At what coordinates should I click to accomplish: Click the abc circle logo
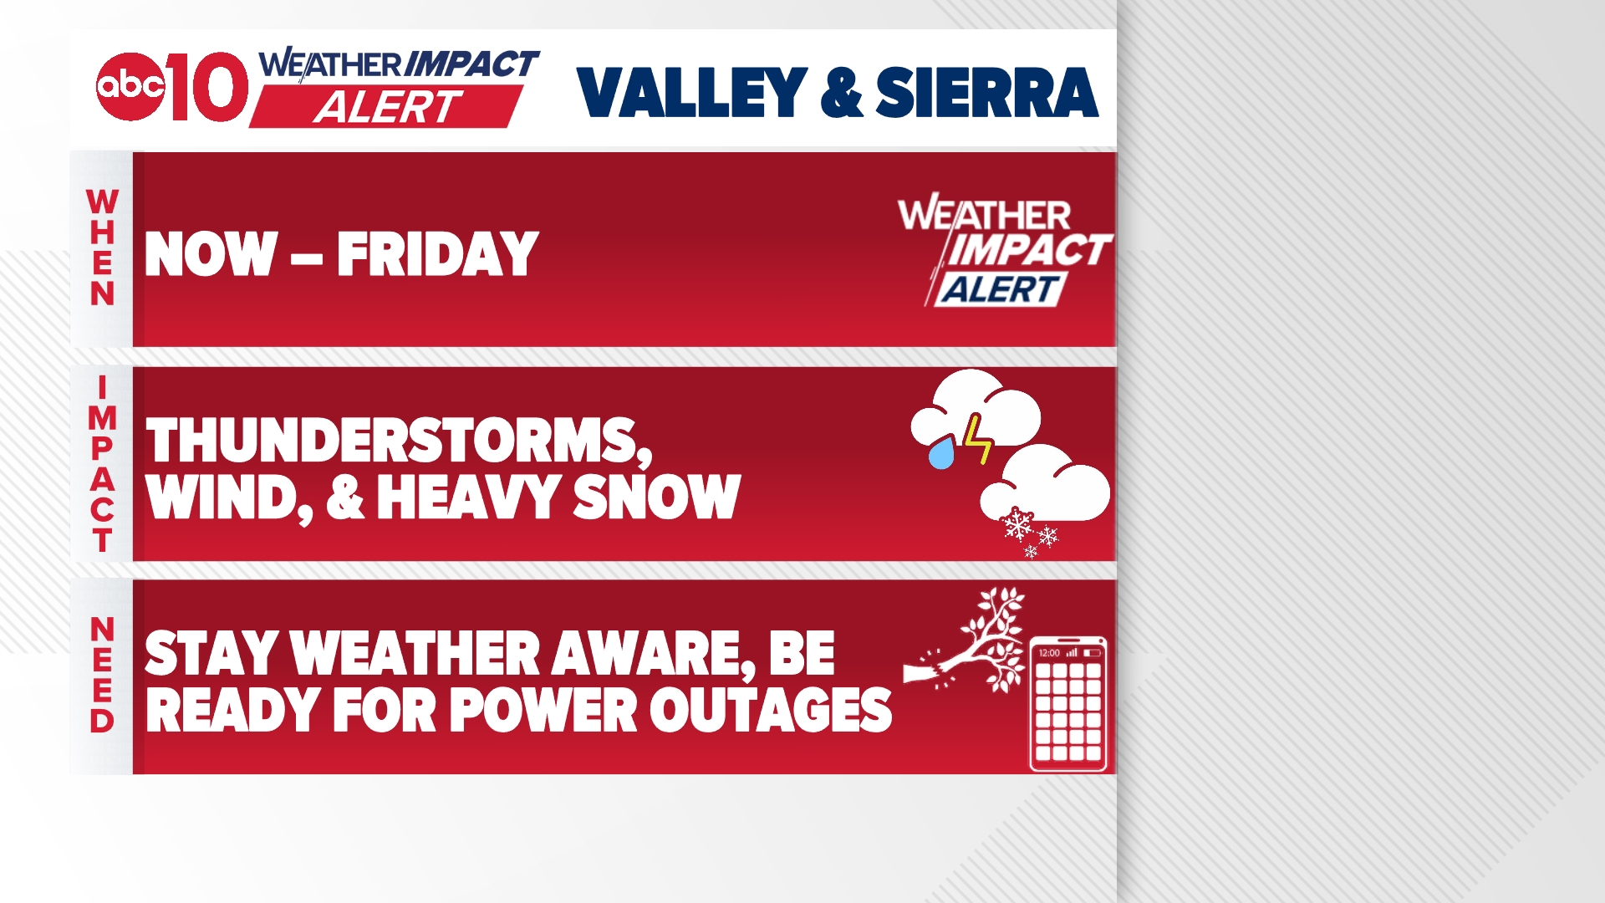(130, 86)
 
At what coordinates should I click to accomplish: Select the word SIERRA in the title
(986, 93)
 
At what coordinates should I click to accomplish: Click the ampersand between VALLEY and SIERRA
(841, 94)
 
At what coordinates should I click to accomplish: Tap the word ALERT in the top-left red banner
(386, 108)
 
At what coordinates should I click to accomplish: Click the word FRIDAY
(437, 254)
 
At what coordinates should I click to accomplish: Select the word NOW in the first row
(211, 254)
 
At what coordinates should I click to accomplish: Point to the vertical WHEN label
(102, 248)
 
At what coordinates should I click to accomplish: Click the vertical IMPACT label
(102, 464)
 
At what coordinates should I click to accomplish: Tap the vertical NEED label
(102, 676)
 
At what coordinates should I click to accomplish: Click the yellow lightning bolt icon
(976, 438)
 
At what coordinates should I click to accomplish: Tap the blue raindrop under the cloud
(942, 454)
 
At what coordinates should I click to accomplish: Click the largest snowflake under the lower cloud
(1017, 525)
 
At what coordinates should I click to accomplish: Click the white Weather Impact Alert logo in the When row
(1003, 252)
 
